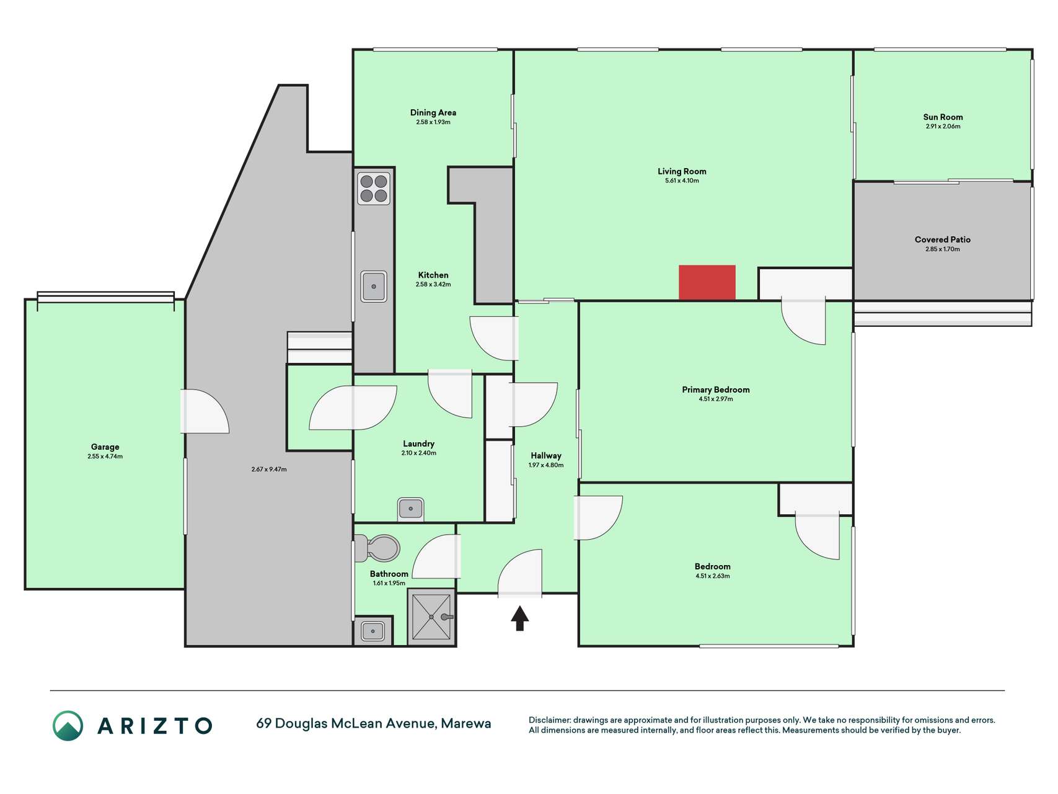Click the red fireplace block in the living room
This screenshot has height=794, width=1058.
(x=707, y=283)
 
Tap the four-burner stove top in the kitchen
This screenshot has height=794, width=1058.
(x=374, y=189)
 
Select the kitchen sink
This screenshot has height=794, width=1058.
(x=374, y=287)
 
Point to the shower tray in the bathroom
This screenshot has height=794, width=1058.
(x=432, y=617)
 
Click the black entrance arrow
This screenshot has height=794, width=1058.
(x=519, y=618)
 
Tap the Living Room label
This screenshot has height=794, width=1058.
(x=682, y=171)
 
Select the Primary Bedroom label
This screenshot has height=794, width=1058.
(x=716, y=390)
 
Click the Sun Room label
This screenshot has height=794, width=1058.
(x=943, y=117)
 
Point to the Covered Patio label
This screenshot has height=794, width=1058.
(x=943, y=239)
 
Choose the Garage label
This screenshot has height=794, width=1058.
(x=105, y=447)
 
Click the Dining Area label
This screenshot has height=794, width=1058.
(x=433, y=112)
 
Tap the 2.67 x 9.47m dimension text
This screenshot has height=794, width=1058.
(x=269, y=470)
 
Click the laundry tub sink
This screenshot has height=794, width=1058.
(x=410, y=509)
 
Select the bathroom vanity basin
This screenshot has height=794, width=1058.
(x=373, y=631)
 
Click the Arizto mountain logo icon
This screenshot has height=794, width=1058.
(x=68, y=726)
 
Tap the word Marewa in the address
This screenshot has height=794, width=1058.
(x=466, y=723)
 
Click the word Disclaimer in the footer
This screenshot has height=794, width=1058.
(x=549, y=720)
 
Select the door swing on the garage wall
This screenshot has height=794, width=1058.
(x=205, y=411)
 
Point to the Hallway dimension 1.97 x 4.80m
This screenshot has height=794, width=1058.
(x=546, y=465)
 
